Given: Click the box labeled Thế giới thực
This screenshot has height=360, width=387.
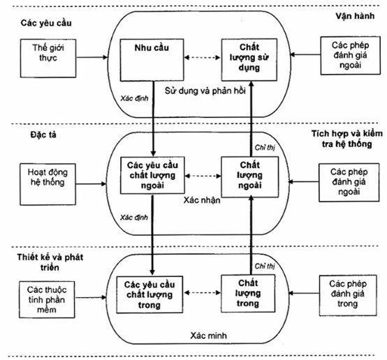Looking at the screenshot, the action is pos(48,58).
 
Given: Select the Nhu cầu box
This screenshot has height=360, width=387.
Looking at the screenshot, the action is pos(152,60).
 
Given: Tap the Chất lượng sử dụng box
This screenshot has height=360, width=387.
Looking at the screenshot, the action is pos(249,60).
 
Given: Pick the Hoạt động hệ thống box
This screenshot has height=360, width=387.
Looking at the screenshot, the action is pos(48,184).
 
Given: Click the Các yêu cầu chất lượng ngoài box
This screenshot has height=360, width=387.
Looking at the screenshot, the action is pos(152,175).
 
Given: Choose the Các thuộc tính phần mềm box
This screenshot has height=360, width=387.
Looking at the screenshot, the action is pos(47,299).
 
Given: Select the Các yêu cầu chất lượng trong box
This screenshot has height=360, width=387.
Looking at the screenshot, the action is pos(149,294).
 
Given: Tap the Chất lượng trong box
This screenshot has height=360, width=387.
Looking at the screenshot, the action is pos(248,294).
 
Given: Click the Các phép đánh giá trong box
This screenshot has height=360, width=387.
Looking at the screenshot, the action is pos(348,295).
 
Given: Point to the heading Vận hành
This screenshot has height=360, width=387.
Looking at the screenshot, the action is pos(355,16).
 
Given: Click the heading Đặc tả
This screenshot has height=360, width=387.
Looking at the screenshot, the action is pos(43,135).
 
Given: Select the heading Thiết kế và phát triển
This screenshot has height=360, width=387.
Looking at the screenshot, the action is pos(50,262).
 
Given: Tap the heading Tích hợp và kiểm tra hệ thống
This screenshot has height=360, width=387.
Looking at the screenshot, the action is pos(346,139).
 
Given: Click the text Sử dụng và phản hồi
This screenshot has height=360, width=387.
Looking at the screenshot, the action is pos(205,91).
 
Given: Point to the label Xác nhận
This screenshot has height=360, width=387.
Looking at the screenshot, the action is pos(202,200).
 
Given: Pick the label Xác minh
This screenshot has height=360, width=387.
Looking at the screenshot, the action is pos(208,336).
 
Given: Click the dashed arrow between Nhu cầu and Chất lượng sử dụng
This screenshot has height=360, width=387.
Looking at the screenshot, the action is pos(203,57).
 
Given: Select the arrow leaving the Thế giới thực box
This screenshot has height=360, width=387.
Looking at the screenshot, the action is pos(92,57).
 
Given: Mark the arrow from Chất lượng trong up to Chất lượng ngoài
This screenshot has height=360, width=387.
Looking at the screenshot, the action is pos(251,234).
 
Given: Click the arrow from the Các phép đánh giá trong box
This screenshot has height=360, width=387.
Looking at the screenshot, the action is pos(304,293).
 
